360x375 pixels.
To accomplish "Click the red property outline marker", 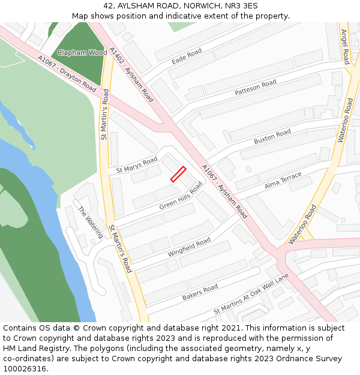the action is (x=178, y=174).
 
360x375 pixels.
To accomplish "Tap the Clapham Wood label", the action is (x=82, y=53).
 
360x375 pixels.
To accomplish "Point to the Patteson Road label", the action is (x=256, y=87).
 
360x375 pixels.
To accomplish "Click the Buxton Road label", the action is (x=272, y=136).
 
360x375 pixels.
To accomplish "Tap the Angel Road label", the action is (x=345, y=46).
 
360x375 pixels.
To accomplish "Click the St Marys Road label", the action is (x=137, y=164).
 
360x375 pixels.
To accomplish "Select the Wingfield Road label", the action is (x=189, y=248).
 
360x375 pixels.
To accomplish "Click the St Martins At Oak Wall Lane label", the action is (x=251, y=294).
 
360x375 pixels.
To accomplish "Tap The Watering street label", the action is (x=91, y=221).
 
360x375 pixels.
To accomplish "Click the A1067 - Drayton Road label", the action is (x=66, y=74).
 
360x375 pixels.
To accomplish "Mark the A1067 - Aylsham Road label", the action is (x=224, y=191).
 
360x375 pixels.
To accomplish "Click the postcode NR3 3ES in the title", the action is (x=242, y=6).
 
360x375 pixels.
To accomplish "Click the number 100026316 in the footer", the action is (x=25, y=368).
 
